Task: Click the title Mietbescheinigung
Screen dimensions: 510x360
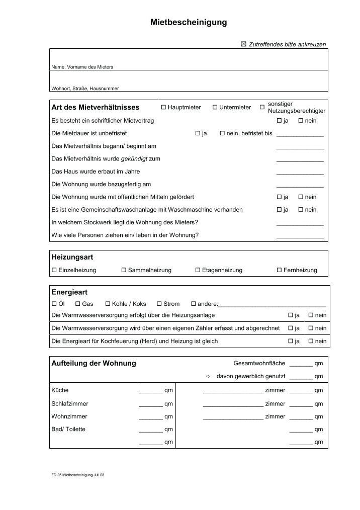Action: click(189, 23)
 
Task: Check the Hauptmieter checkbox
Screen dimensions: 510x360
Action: click(163, 108)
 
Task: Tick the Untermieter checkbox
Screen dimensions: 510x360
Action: click(215, 108)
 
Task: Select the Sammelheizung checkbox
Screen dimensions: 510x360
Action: click(124, 271)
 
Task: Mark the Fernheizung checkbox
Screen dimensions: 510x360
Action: click(279, 271)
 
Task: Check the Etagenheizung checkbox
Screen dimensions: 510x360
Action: click(198, 271)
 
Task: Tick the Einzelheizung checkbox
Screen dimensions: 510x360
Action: click(54, 271)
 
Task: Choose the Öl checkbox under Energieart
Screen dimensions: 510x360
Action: click(54, 304)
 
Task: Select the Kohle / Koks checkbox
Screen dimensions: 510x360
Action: click(108, 304)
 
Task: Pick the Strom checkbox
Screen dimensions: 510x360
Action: click(159, 304)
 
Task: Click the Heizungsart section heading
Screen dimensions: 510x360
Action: click(72, 257)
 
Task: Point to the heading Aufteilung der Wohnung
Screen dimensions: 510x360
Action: click(94, 364)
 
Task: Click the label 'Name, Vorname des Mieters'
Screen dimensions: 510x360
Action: click(82, 67)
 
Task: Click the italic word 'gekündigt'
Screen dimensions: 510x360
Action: click(134, 159)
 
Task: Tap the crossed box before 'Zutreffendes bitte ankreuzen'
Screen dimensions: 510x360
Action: click(244, 45)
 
